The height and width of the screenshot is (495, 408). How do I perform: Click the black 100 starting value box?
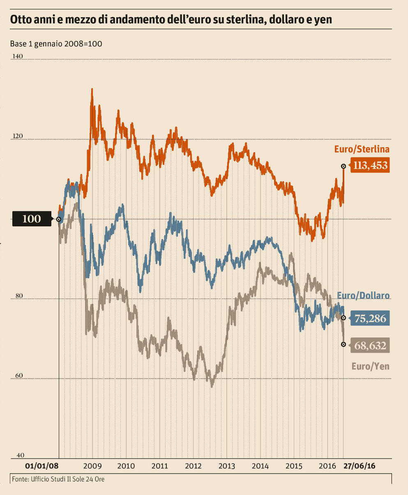coord(32,219)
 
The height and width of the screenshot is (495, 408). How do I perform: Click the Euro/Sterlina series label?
coord(362,149)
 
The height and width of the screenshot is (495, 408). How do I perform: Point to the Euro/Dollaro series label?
coord(363,296)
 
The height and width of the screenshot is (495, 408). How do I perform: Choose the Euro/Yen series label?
coord(370,366)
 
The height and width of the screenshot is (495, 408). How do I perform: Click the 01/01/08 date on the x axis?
coord(42,466)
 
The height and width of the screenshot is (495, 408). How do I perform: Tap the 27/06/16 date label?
coord(360,466)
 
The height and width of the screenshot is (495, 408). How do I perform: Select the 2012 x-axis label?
coord(193,466)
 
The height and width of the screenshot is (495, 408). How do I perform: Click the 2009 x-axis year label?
coord(92,466)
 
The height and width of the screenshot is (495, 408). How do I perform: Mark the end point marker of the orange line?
coord(343,166)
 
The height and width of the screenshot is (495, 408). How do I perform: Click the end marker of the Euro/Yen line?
coord(343,344)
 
